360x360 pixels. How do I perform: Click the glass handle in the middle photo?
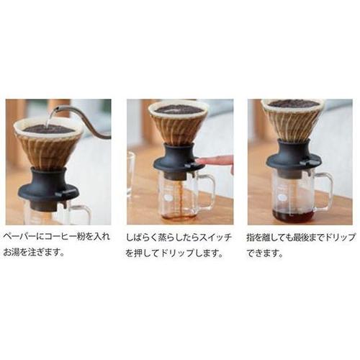[208, 189]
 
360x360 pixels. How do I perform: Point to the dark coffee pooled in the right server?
[293, 217]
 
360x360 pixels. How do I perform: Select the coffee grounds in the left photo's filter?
[49, 129]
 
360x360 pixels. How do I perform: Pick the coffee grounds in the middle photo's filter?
[179, 109]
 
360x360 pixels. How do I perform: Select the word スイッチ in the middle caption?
[215, 238]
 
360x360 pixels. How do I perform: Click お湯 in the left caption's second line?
[12, 252]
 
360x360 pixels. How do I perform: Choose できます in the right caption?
[261, 253]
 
